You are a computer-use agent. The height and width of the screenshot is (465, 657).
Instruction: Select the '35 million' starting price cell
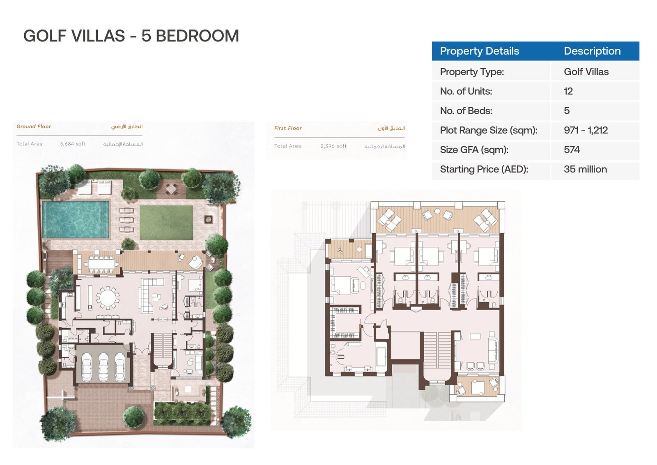click(x=585, y=169)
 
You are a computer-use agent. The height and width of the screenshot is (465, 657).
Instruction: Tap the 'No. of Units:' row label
click(x=466, y=91)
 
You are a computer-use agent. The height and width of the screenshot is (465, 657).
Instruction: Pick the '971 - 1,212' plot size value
click(x=586, y=130)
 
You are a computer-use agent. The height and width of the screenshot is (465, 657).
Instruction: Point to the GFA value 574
click(x=572, y=150)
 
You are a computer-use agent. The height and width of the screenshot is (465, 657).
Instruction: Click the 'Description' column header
click(x=592, y=51)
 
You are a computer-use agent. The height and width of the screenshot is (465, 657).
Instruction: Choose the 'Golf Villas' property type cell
click(x=586, y=72)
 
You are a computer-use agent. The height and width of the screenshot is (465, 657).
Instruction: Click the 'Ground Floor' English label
click(x=34, y=127)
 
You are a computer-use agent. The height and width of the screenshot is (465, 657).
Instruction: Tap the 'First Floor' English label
click(x=288, y=128)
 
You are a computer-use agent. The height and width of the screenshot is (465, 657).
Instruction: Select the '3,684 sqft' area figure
click(x=72, y=144)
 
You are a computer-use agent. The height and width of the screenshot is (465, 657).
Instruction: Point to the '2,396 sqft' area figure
click(x=333, y=146)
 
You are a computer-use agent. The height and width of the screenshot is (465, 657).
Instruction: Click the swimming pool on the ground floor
click(x=76, y=219)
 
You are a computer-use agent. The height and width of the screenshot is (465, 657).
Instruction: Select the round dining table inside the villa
click(x=108, y=297)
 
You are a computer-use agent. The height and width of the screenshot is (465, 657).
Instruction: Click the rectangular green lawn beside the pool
click(x=166, y=222)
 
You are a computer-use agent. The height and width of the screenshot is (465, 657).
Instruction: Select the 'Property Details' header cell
click(x=480, y=51)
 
